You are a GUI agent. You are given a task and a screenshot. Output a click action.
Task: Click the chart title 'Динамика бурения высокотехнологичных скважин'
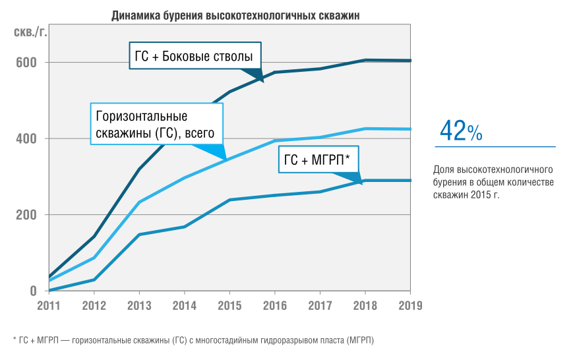pyautogui.click(x=235, y=16)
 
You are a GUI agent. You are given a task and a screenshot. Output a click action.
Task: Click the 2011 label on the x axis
pyautogui.click(x=49, y=306)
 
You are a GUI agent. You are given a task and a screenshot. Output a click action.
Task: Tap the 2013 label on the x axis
pyautogui.click(x=139, y=306)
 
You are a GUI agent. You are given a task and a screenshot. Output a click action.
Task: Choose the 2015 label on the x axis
pyautogui.click(x=229, y=306)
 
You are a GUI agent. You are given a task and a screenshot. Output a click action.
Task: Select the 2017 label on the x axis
pyautogui.click(x=320, y=306)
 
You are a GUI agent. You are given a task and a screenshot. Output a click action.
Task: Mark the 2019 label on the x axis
pyautogui.click(x=410, y=306)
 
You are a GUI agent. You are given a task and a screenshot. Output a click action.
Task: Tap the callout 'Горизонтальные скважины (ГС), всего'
pyautogui.click(x=156, y=125)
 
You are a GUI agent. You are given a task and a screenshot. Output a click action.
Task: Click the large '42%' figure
pyautogui.click(x=461, y=131)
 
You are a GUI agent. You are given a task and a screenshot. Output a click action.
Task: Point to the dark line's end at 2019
pyautogui.click(x=410, y=61)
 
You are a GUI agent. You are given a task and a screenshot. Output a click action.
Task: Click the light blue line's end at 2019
pyautogui.click(x=410, y=129)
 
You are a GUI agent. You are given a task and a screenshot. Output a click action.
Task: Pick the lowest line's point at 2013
pyautogui.click(x=139, y=234)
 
